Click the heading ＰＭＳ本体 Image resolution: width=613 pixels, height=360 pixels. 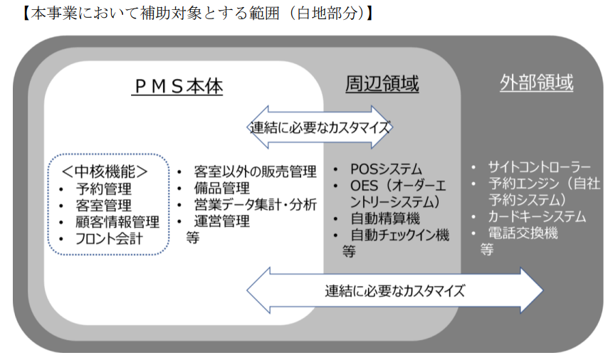tap(178, 87)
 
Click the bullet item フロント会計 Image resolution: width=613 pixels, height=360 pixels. tap(110, 238)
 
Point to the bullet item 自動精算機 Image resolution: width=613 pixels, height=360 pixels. tap(385, 218)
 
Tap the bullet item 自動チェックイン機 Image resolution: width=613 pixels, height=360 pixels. tap(399, 235)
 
